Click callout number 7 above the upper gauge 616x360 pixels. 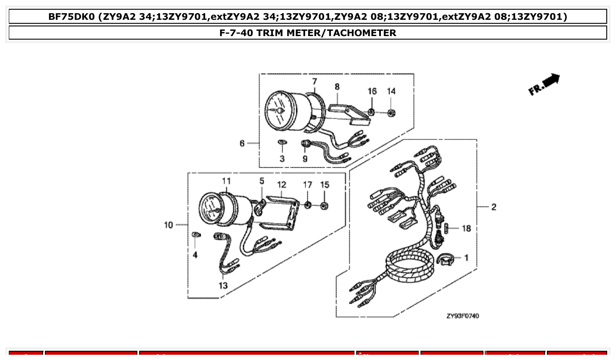[314, 81]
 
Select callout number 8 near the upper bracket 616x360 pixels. [337, 87]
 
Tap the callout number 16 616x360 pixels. [372, 91]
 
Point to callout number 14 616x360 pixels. [391, 91]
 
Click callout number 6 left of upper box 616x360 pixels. [242, 143]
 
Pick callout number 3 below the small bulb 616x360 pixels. [282, 158]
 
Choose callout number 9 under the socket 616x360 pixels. [305, 158]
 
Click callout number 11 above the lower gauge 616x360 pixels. [226, 181]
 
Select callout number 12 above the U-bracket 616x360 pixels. [281, 184]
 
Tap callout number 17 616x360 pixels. [307, 184]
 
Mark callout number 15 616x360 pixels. [325, 184]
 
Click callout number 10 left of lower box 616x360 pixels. [169, 225]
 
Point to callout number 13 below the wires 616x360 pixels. [223, 285]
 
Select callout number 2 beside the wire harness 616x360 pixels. [494, 207]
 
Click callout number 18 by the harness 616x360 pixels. [467, 228]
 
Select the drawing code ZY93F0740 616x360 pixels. [462, 316]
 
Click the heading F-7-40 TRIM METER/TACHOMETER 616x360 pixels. [308, 33]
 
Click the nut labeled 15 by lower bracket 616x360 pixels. [324, 206]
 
